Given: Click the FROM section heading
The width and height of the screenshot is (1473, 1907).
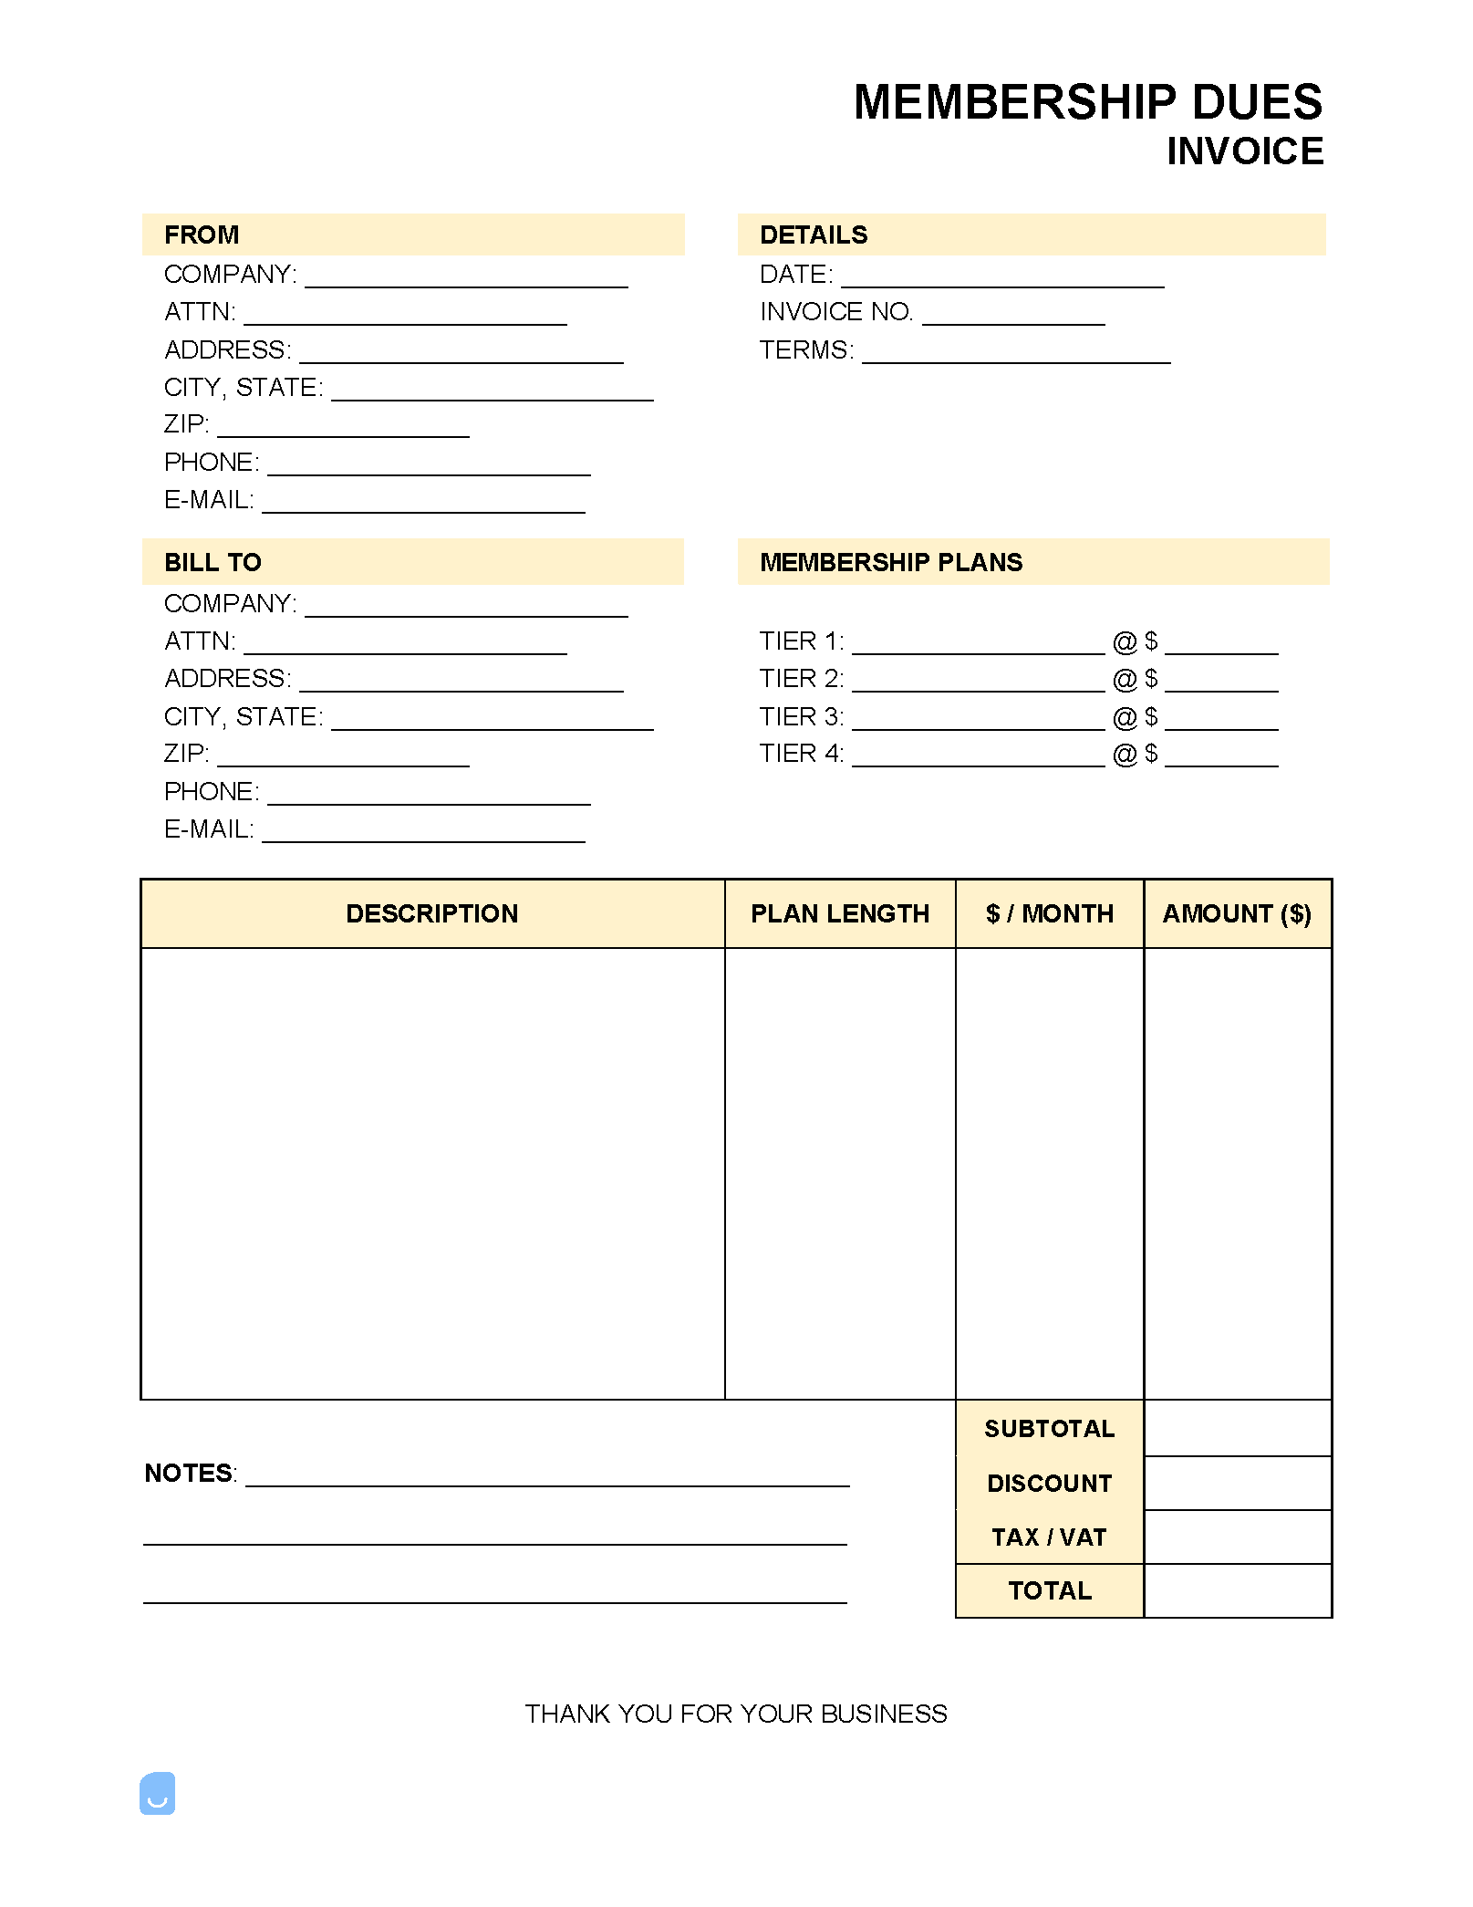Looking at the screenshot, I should pyautogui.click(x=202, y=234).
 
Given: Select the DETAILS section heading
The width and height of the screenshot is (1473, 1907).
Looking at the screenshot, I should pyautogui.click(x=814, y=234).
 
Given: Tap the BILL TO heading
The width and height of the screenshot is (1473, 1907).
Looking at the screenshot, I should pyautogui.click(x=213, y=562).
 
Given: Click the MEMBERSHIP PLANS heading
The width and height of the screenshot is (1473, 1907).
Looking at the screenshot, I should pyautogui.click(x=891, y=562).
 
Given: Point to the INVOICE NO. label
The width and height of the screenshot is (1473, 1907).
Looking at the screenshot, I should pyautogui.click(x=835, y=312).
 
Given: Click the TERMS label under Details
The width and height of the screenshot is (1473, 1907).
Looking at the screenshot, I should pyautogui.click(x=806, y=350).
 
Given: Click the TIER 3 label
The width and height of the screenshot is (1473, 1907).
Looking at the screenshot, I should pyautogui.click(x=801, y=717).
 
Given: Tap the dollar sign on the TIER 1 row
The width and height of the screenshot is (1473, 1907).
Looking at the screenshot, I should pyautogui.click(x=1151, y=641).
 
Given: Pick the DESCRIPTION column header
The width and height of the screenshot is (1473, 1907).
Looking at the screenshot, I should pyautogui.click(x=431, y=913).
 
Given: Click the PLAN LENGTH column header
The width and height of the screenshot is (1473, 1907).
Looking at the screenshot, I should pyautogui.click(x=839, y=913).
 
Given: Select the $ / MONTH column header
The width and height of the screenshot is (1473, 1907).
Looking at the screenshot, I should pyautogui.click(x=1049, y=913).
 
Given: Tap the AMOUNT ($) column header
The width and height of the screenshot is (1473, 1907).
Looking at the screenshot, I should pyautogui.click(x=1237, y=913).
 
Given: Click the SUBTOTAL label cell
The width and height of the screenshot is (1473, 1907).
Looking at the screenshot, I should pyautogui.click(x=1049, y=1429).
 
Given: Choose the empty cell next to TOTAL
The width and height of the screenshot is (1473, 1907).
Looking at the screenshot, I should pyautogui.click(x=1237, y=1591).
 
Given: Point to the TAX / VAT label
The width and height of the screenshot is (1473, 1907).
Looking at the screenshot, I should pyautogui.click(x=1049, y=1537).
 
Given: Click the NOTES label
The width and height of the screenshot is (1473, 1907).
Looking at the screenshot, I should pyautogui.click(x=189, y=1474).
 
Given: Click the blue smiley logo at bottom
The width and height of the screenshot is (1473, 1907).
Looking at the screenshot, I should pyautogui.click(x=157, y=1794).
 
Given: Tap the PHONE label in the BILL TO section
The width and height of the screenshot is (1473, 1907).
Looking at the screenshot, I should pyautogui.click(x=211, y=792).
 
